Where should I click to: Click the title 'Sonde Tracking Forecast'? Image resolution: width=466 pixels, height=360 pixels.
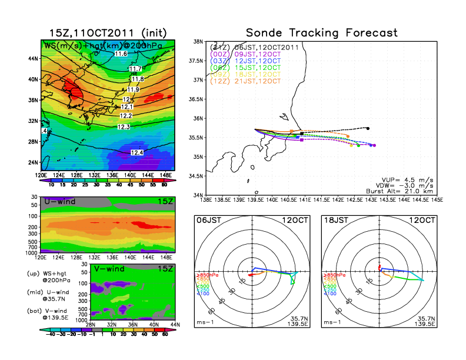321,33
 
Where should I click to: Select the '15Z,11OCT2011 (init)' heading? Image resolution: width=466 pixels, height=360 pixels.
107,33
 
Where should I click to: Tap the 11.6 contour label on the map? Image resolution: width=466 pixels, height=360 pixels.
121,54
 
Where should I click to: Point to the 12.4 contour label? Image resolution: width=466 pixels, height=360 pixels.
137,153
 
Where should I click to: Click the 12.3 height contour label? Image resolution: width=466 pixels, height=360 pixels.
124,127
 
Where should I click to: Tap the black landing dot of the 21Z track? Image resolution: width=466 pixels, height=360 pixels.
368,128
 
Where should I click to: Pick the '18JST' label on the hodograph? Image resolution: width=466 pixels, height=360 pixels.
336,221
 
